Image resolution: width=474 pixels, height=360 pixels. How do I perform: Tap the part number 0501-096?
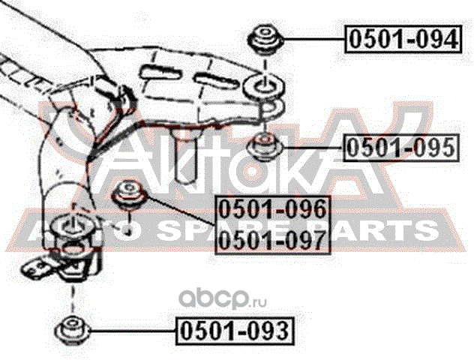271,209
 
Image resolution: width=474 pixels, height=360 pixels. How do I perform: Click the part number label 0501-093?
232,328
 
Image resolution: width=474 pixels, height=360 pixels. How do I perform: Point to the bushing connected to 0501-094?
265,38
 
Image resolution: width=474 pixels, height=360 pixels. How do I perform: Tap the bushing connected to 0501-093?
73,328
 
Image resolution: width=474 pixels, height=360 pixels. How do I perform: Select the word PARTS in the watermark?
382,229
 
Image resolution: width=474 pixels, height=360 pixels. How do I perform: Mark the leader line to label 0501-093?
131,329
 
